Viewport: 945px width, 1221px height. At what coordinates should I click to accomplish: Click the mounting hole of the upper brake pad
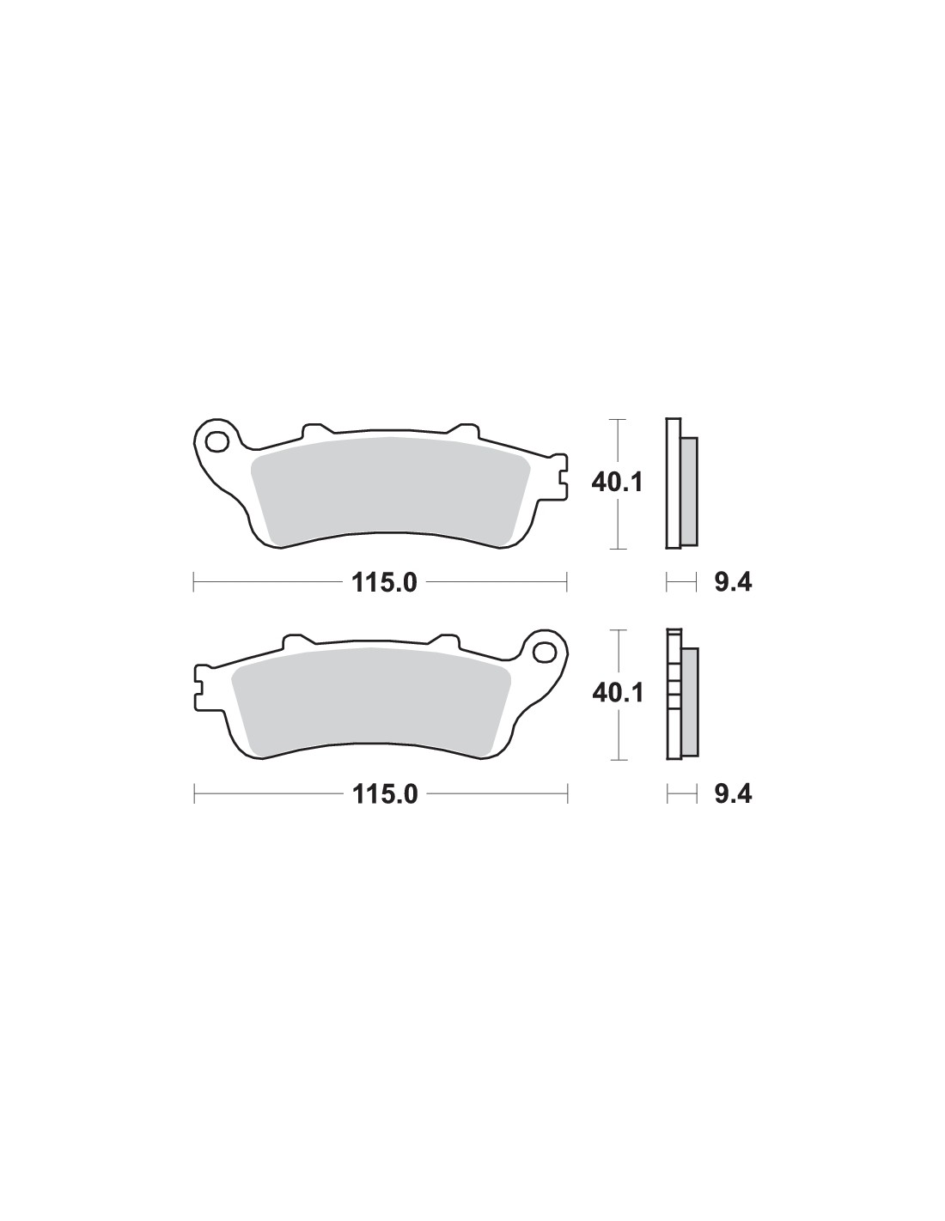(217, 441)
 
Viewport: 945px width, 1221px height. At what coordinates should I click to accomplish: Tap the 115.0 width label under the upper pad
(385, 583)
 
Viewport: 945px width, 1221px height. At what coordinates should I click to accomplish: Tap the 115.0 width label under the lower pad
(385, 794)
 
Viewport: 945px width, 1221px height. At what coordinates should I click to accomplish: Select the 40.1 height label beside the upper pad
(617, 483)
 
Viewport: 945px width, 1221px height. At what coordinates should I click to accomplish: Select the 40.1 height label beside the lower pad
(618, 694)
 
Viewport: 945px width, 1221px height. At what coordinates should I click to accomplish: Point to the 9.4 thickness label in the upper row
(733, 583)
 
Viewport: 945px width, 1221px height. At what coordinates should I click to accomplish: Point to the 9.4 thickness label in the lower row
(733, 794)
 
